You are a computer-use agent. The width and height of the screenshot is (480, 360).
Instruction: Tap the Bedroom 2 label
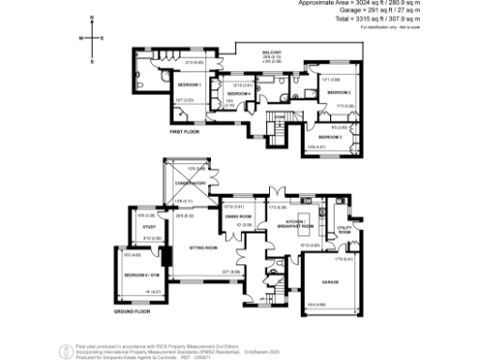pos(339,93)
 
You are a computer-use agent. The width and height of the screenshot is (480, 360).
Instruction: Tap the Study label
pos(148,227)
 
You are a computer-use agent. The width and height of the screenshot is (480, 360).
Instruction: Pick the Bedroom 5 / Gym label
pos(141,275)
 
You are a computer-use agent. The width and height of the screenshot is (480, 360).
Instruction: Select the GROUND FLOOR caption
pos(132,308)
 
